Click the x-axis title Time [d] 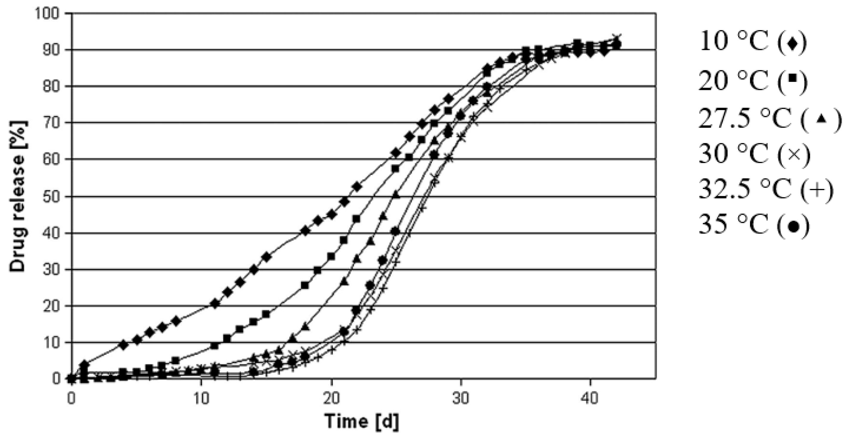click(361, 422)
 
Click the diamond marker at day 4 click(123, 345)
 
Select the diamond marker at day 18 click(305, 231)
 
